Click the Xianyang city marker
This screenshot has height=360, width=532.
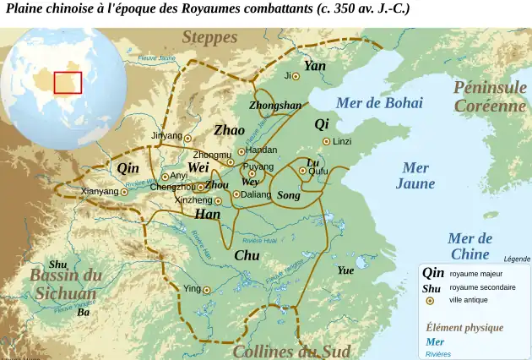point(125,192)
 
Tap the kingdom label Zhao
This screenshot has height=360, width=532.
point(229,130)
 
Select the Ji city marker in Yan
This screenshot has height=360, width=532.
point(296,76)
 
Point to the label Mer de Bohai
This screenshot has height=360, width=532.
point(379,103)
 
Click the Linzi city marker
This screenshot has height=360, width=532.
point(327,141)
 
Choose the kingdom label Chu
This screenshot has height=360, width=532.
point(247,255)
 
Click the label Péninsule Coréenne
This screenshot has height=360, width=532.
point(490,96)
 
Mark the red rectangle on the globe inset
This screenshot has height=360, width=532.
point(68,82)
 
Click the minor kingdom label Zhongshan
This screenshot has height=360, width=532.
point(275,106)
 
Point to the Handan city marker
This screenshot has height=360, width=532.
point(241,150)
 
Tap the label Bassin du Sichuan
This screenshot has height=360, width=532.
point(66,285)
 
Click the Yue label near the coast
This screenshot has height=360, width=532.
point(345,270)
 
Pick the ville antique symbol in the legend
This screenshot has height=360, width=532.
point(431,300)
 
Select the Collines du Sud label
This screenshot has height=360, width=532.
point(291,351)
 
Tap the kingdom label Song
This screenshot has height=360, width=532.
point(288,195)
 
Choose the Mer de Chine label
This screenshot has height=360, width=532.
point(470,246)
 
